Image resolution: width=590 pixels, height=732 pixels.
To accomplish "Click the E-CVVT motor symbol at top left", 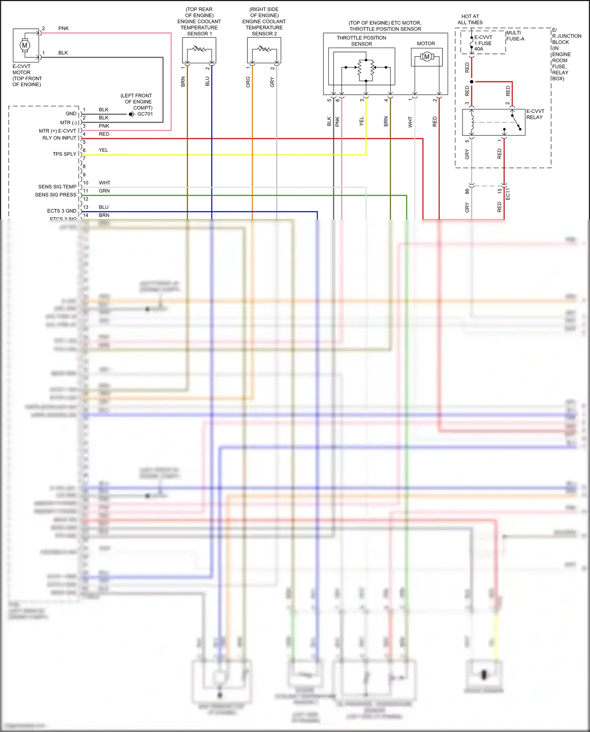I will coord(25,45).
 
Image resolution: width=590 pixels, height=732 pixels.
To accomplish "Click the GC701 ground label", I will coord(145,114).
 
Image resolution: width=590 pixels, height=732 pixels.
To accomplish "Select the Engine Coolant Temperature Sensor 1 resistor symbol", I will coord(199,49).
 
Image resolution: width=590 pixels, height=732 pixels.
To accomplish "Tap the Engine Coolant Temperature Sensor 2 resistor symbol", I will coord(264,49).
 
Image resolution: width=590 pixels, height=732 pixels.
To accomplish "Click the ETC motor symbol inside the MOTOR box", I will coord(427,57).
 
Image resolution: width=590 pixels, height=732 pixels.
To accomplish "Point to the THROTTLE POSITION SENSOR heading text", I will coord(361,41).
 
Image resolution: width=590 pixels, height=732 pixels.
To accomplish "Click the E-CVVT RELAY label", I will coord(535,114).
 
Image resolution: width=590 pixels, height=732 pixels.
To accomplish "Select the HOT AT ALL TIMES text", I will coord(470,19).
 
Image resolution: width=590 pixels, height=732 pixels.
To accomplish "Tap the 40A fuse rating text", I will coord(479,49).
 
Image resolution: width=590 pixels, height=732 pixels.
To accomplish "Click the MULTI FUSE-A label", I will coord(515,36).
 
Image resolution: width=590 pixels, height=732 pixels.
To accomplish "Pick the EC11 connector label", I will coord(508,194).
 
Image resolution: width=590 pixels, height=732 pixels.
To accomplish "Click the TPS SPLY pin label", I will coord(65,154).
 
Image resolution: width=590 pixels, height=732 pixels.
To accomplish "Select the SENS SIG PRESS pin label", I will coord(55,195).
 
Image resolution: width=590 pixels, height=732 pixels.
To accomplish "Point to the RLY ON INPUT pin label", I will coord(59,138).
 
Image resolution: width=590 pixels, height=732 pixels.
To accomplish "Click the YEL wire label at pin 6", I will coord(103,150).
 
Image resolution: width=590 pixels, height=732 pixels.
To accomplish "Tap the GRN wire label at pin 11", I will coord(104,191).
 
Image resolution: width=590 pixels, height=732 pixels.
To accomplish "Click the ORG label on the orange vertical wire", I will coord(248,82).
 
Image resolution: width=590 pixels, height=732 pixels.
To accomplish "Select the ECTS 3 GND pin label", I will coord(62,211).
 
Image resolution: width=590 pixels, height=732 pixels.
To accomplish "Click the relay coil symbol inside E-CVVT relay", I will coord(472,122).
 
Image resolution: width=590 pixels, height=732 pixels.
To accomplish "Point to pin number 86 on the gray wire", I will coord(467,191).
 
